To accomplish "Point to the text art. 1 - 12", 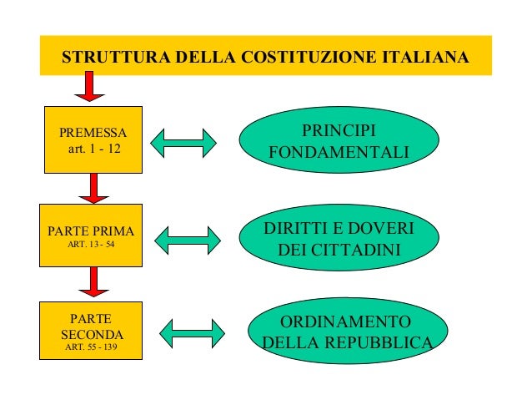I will [93, 149].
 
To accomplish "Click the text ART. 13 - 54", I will [93, 246].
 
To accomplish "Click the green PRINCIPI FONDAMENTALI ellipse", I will [339, 143].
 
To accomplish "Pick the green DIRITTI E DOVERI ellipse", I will [339, 240].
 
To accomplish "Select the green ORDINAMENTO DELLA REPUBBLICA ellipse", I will [344, 332].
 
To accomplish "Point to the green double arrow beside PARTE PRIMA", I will [189, 240].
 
